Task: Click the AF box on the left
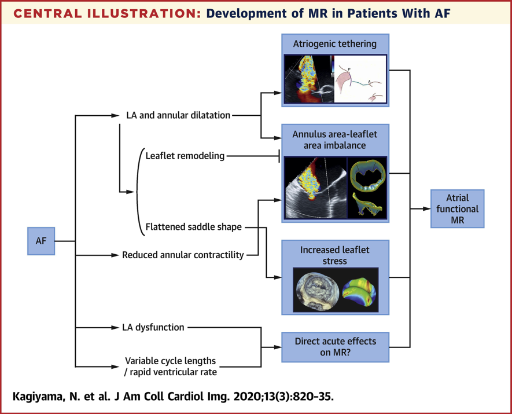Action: point(41,241)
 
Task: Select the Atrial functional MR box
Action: point(457,208)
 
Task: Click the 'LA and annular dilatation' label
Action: point(178,115)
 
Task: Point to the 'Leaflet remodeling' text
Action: point(185,156)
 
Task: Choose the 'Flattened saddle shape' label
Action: point(194,227)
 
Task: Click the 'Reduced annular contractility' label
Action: point(183,255)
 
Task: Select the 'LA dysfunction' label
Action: point(153,327)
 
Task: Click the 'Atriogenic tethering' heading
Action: point(334,43)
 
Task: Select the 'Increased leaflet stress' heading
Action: point(335,255)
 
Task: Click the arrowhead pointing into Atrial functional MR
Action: point(428,208)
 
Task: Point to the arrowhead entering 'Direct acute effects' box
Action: point(277,347)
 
